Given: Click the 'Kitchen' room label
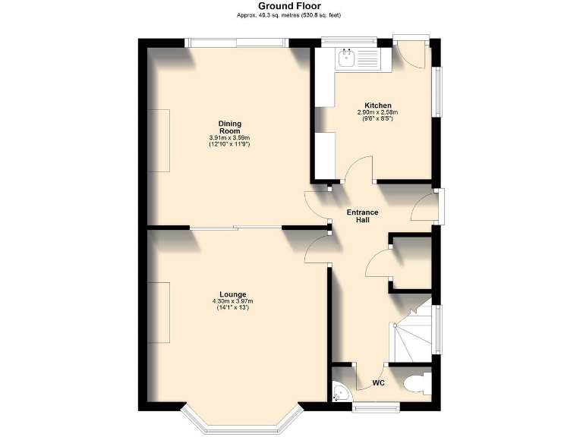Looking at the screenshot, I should click(377, 105).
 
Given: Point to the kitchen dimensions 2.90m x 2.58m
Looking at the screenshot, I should click(377, 113).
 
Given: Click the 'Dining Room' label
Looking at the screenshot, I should click(229, 127).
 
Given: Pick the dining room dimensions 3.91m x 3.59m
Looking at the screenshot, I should click(229, 137).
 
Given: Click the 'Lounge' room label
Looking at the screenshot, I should click(232, 294).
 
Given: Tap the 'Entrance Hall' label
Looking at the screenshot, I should click(362, 215).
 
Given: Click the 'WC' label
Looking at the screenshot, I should click(378, 383).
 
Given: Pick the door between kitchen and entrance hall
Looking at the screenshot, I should click(357, 171).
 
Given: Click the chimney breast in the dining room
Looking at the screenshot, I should click(159, 140).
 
